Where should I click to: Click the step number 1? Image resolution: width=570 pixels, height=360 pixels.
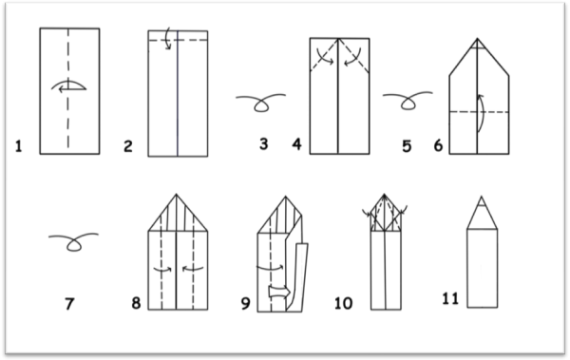point(19,146)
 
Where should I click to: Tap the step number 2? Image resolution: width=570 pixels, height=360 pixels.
point(128,146)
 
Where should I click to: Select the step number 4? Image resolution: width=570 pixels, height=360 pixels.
point(297,144)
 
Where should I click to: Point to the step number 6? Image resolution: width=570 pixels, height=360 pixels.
point(438,146)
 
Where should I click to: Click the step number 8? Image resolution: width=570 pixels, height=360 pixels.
point(136,303)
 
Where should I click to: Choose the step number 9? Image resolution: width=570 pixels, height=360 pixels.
point(246,303)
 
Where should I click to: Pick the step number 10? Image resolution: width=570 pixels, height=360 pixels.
point(343,303)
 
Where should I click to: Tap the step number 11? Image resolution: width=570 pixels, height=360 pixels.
point(450,298)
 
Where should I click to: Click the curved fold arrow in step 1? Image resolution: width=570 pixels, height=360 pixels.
point(68,82)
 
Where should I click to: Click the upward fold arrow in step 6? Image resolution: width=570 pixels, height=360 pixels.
point(484,112)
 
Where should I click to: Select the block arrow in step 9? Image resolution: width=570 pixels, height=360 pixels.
point(279,293)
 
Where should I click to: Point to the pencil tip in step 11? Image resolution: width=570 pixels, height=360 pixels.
point(482,201)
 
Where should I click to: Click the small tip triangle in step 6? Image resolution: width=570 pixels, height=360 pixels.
point(477,44)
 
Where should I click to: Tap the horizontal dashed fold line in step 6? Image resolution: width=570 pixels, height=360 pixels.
point(479,112)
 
